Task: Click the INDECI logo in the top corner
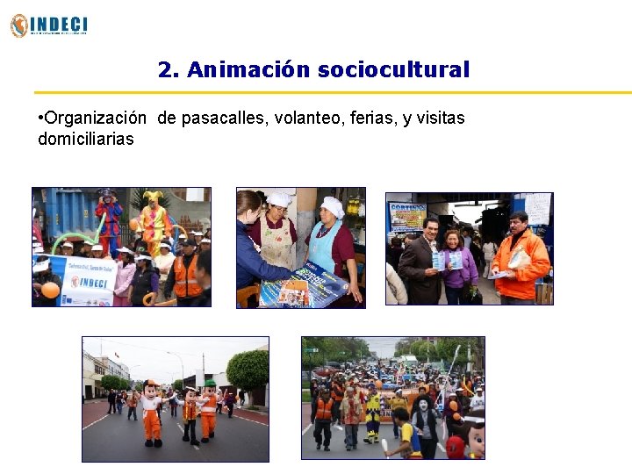[x=49, y=25]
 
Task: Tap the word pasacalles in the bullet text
[x=221, y=118]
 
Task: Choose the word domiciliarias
[x=86, y=139]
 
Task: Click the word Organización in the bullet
[x=95, y=118]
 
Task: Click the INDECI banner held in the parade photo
[x=87, y=281]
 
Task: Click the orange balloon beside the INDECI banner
[x=50, y=290]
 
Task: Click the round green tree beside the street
[x=248, y=370]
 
